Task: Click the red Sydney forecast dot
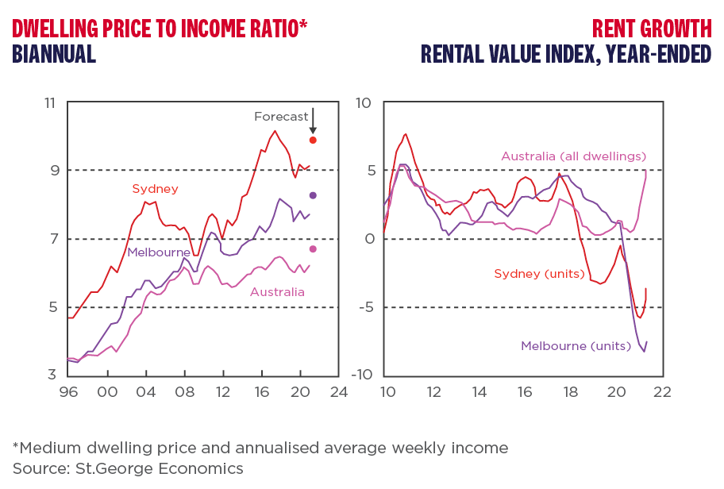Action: [x=313, y=141]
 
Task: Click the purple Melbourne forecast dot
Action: [x=313, y=195]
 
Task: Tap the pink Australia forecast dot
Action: [x=313, y=249]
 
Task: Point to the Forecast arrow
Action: [x=313, y=121]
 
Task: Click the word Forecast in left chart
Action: [x=281, y=117]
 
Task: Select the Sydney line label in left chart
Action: [x=155, y=189]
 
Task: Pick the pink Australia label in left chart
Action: [x=277, y=292]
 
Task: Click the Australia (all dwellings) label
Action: [x=574, y=156]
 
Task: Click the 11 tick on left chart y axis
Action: [x=51, y=102]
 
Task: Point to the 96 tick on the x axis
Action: [x=69, y=391]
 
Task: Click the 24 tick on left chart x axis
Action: [x=339, y=391]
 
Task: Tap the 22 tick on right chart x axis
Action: [x=661, y=391]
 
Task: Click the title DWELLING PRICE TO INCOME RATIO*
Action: [x=160, y=29]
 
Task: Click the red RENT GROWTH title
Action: [x=652, y=29]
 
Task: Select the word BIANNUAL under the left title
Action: [x=54, y=54]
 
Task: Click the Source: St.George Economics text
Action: [x=128, y=468]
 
